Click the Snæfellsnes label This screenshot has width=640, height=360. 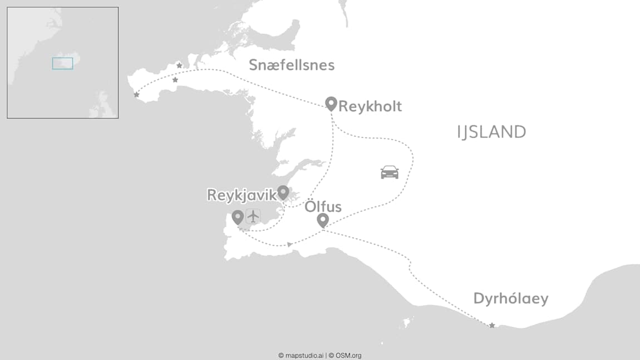point(292,65)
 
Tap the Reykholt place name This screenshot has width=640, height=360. point(370,106)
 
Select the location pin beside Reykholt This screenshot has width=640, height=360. point(331,103)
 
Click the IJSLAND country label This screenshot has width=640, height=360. point(491,132)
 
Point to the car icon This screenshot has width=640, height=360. point(390,172)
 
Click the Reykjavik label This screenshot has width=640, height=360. point(242,195)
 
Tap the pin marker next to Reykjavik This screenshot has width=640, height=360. point(283,193)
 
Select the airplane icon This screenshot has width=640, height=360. point(253,216)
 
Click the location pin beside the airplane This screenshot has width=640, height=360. point(238,217)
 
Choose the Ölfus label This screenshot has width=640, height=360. point(323,207)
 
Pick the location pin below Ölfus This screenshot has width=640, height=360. point(322,220)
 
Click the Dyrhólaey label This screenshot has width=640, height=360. point(511,298)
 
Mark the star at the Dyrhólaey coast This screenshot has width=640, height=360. point(492,325)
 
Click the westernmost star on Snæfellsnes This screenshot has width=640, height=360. point(136,95)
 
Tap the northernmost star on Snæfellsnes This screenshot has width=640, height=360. point(179,66)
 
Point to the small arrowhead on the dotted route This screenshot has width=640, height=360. point(289,244)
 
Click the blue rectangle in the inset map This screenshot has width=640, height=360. point(62,63)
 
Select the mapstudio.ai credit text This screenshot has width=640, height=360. point(301,355)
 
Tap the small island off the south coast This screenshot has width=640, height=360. point(407,322)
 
